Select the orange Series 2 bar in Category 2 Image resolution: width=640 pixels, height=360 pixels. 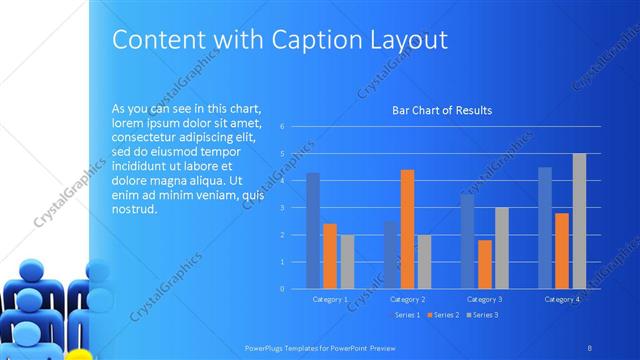[407, 230]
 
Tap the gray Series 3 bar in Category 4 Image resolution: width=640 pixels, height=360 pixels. [579, 221]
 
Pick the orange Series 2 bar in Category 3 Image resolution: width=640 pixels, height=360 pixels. [485, 265]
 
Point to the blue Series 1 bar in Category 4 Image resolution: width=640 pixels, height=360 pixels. [545, 228]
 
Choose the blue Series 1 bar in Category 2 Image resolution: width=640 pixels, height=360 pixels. [390, 255]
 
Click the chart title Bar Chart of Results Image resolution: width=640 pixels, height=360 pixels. [441, 110]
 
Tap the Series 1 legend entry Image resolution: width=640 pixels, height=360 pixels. [403, 315]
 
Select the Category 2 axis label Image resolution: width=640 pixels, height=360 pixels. [408, 299]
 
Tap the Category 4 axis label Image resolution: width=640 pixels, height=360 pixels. [562, 299]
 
